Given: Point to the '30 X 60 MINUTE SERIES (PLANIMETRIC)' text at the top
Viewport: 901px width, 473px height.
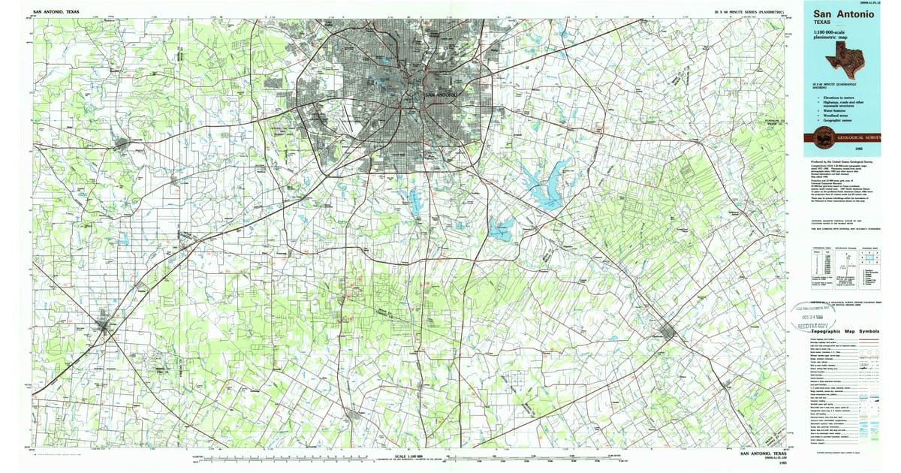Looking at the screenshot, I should pos(751,12).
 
